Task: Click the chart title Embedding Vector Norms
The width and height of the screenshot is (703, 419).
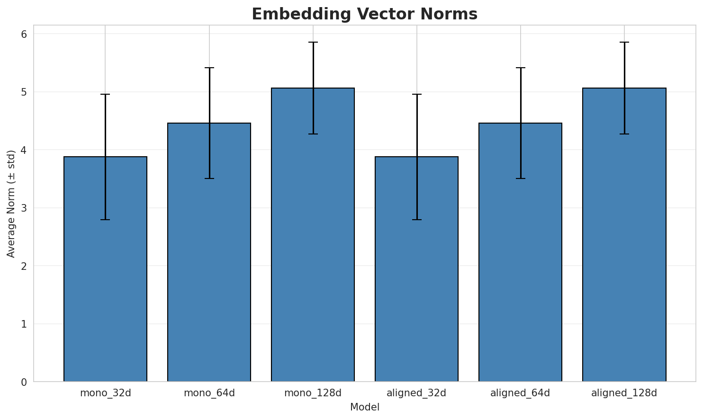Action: tap(364, 14)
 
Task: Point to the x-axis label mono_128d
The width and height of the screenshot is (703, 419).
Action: tap(313, 393)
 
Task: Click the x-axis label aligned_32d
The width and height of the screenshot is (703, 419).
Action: tap(416, 393)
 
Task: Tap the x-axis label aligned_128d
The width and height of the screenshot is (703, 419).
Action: tap(624, 393)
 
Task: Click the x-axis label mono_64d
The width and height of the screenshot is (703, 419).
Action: tap(209, 393)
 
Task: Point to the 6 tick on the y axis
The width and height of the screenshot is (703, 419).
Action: tap(24, 34)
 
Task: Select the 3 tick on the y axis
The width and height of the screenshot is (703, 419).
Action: tap(24, 208)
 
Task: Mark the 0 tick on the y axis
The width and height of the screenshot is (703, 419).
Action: tap(24, 382)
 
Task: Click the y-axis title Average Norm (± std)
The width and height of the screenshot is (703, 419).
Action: tap(11, 204)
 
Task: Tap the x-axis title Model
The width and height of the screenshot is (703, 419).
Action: tap(364, 407)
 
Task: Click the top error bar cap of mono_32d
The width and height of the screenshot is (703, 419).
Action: tap(105, 94)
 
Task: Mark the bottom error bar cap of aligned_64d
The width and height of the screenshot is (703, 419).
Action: tap(520, 178)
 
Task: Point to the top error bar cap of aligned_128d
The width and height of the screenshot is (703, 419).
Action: tap(624, 42)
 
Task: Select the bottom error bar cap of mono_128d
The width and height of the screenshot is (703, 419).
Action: tap(313, 134)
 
